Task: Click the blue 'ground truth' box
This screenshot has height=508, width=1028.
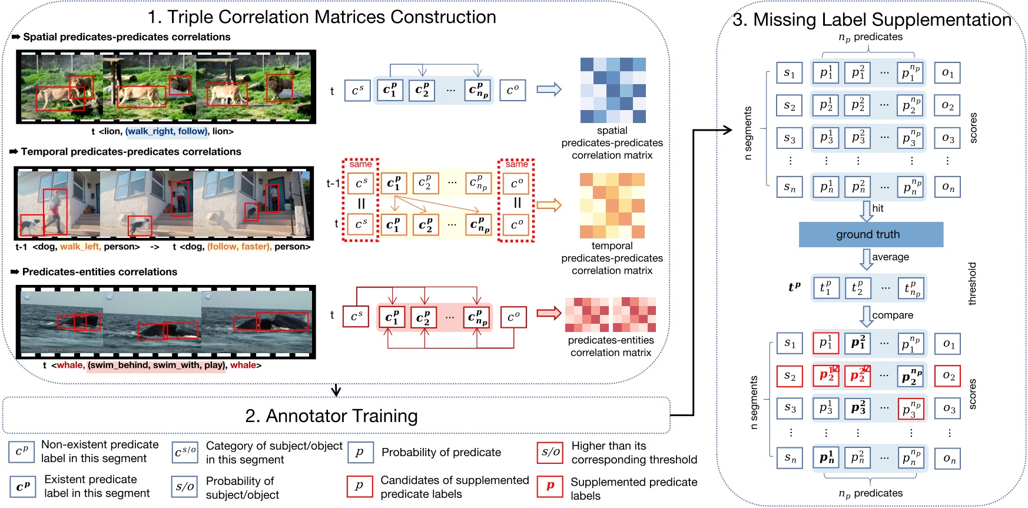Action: pos(870,234)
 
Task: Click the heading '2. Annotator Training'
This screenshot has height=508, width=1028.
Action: pos(331,416)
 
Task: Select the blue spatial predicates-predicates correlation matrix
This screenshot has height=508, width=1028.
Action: pos(613,90)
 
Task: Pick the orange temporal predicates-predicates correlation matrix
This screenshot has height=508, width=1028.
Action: pos(612,205)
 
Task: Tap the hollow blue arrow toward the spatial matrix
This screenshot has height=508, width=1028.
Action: pos(549,90)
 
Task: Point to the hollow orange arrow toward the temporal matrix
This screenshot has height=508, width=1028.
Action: pos(549,205)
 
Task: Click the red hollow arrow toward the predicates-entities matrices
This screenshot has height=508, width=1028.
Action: pos(549,313)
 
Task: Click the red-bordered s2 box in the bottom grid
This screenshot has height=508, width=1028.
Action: pos(790,376)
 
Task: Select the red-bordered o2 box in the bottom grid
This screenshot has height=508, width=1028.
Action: pos(948,376)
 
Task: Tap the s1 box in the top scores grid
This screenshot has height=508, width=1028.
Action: pos(790,73)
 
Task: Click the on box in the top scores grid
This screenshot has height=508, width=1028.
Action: pos(947,187)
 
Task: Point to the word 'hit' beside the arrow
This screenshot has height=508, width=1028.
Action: pos(878,208)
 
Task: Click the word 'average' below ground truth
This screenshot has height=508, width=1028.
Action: pos(890,257)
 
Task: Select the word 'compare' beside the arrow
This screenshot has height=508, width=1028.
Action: pos(893,316)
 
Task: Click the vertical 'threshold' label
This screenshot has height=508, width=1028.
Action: pos(972,284)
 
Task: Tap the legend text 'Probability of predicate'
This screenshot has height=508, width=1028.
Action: pos(441,453)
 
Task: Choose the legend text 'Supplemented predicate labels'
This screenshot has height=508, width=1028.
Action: pos(634,489)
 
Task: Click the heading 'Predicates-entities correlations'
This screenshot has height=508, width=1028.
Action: pos(100,272)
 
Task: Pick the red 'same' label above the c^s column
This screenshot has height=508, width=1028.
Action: pos(360,164)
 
